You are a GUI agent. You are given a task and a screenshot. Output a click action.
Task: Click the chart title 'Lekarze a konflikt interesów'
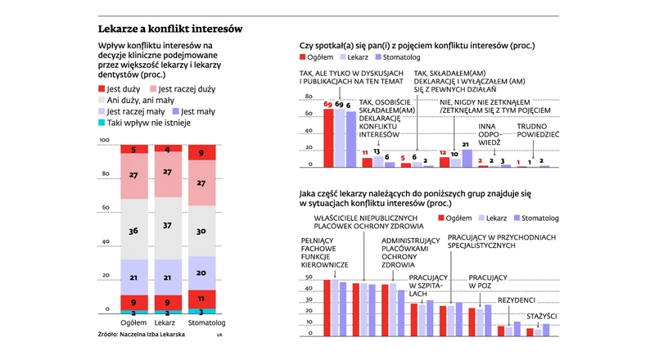coord(169,29)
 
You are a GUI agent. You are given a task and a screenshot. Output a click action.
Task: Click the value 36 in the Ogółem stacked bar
coord(133,232)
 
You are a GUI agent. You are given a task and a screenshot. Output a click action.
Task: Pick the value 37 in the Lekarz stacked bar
coord(168,225)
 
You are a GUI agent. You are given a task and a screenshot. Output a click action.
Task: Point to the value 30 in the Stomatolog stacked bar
coord(201,232)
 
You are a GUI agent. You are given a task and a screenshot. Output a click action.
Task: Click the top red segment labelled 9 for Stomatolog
coord(201,153)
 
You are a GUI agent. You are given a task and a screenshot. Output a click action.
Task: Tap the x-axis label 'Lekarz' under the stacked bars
coord(168,323)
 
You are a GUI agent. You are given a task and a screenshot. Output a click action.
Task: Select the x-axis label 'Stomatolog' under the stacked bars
coord(201,323)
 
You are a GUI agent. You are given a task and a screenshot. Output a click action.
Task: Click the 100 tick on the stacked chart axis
coord(104,142)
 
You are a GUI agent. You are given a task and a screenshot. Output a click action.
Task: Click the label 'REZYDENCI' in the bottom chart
coord(516,300)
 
